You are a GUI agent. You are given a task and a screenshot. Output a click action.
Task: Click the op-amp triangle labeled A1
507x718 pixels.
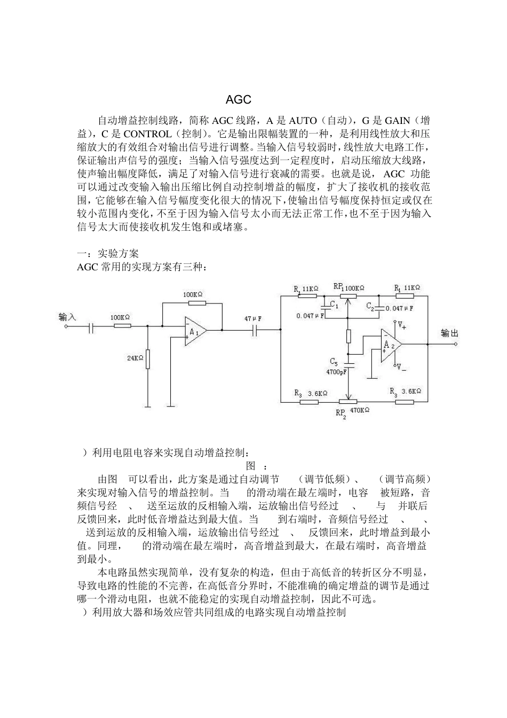point(195,331)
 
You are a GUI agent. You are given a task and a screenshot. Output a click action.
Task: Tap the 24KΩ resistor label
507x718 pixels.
point(135,358)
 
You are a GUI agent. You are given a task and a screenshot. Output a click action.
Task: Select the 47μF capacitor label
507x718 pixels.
point(253,318)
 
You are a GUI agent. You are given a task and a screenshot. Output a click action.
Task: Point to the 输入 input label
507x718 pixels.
point(67,316)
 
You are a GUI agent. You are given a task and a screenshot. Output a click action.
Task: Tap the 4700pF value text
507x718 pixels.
point(336,371)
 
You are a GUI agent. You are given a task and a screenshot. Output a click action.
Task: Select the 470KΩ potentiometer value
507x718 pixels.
point(360,410)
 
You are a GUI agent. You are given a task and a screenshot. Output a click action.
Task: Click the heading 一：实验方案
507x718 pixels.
point(108,254)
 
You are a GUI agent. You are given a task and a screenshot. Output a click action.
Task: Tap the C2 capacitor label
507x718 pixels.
point(370,306)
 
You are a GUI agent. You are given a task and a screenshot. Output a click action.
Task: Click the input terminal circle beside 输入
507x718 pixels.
point(66,326)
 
